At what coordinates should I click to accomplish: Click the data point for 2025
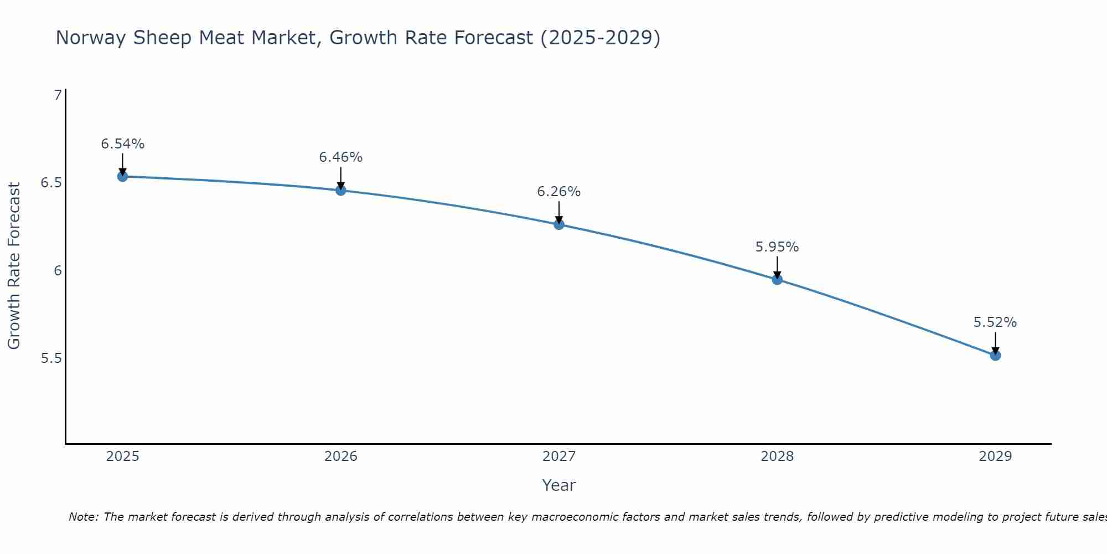pyautogui.click(x=122, y=176)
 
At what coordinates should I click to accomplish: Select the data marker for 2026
pyautogui.click(x=340, y=190)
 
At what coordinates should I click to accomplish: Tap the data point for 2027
pyautogui.click(x=558, y=224)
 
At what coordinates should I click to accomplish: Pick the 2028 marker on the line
pyautogui.click(x=777, y=279)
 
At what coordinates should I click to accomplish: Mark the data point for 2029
pyautogui.click(x=995, y=355)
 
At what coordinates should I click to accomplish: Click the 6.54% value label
pyautogui.click(x=122, y=144)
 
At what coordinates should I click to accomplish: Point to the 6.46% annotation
pyautogui.click(x=340, y=157)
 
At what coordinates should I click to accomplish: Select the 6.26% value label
pyautogui.click(x=558, y=192)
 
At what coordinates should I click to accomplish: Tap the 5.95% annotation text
pyautogui.click(x=777, y=247)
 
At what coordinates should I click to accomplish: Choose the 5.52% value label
pyautogui.click(x=995, y=322)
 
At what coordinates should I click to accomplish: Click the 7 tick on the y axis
pyautogui.click(x=58, y=95)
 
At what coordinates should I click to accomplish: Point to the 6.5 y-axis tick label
pyautogui.click(x=51, y=183)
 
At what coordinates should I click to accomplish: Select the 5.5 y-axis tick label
pyautogui.click(x=51, y=358)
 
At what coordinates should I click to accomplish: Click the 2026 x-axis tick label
pyautogui.click(x=340, y=456)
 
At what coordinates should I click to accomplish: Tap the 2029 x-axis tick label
pyautogui.click(x=995, y=456)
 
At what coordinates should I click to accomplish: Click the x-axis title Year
pyautogui.click(x=558, y=485)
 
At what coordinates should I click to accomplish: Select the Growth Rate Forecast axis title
pyautogui.click(x=14, y=266)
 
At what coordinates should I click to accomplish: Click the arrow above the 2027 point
pyautogui.click(x=558, y=212)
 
